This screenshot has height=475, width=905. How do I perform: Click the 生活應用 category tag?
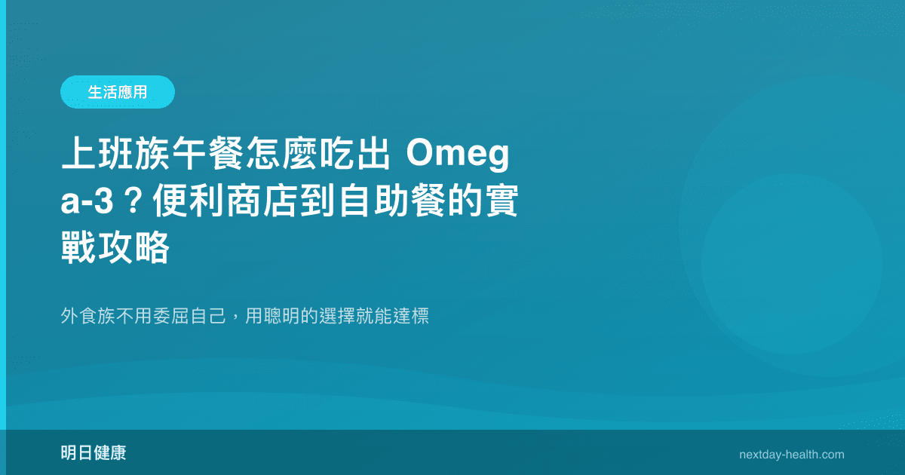click(118, 92)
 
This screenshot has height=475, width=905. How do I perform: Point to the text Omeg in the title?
click(460, 158)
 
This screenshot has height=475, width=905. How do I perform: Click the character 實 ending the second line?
click(500, 203)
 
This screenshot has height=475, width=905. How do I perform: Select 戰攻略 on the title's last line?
click(115, 248)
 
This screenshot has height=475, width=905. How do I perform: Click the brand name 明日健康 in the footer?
click(94, 454)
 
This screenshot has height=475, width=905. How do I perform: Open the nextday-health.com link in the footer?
click(792, 455)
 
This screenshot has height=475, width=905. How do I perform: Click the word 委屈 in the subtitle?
click(171, 317)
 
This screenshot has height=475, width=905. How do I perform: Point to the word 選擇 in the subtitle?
click(336, 317)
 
